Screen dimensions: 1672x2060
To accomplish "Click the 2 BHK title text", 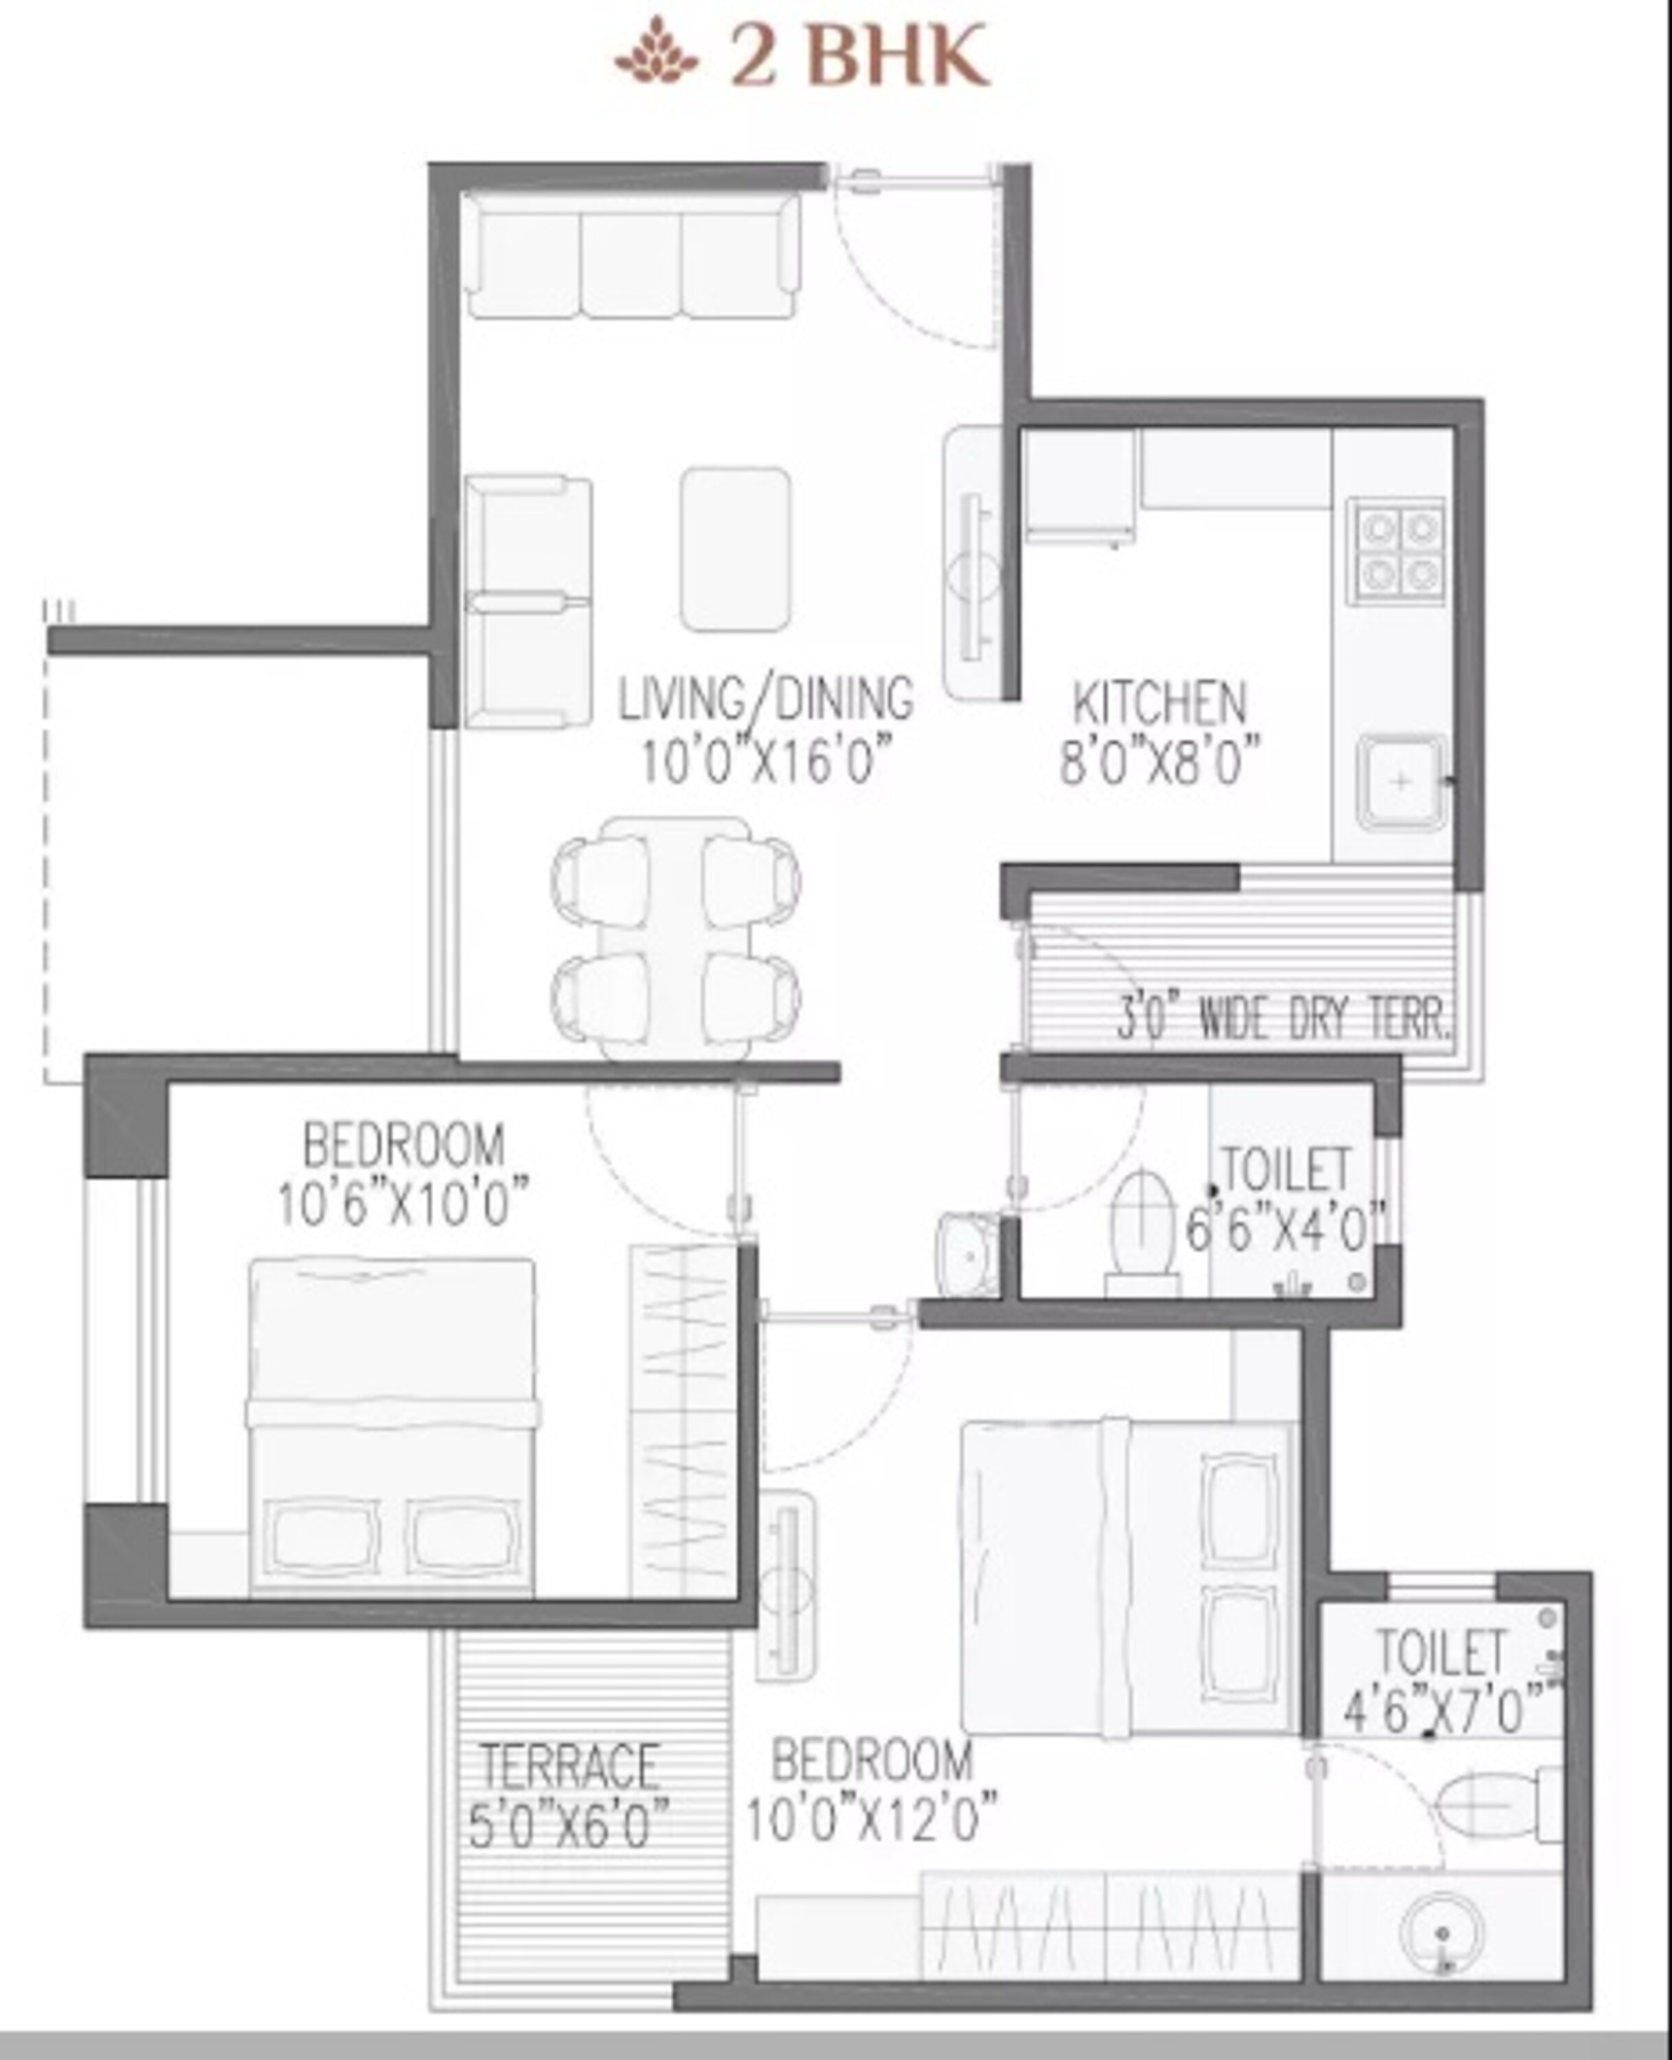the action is (x=859, y=56).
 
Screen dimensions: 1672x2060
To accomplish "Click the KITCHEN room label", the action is (x=1160, y=703).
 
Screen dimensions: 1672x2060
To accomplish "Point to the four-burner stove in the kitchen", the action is (x=1395, y=550).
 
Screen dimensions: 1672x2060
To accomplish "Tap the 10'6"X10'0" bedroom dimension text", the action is (x=404, y=1204).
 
